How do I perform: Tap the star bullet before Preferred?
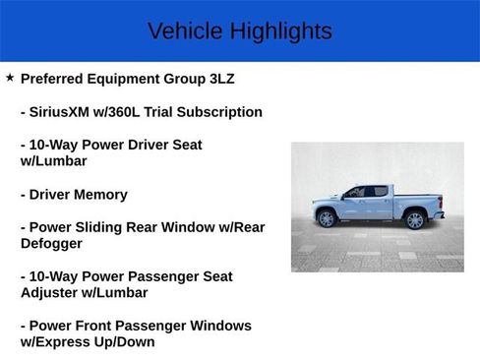point(10,78)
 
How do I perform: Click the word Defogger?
point(51,243)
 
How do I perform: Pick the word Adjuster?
point(52,293)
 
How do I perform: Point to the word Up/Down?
point(125,342)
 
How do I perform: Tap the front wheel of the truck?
point(327,219)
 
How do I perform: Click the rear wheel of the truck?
point(414,219)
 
